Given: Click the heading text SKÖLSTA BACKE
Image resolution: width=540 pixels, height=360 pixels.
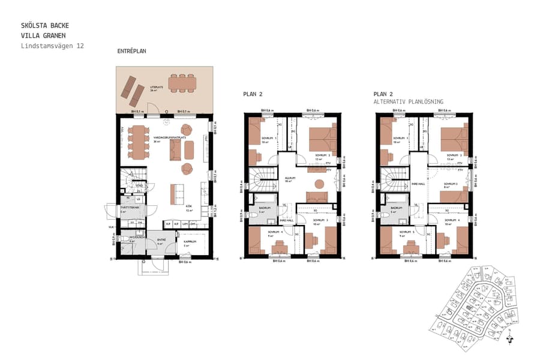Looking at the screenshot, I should (45, 26).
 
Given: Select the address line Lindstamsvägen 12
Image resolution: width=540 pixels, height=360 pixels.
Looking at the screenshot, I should (52, 46).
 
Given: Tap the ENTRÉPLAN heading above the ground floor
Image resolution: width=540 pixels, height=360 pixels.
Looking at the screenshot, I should (132, 52).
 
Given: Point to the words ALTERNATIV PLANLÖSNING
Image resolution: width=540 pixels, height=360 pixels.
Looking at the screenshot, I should (409, 102).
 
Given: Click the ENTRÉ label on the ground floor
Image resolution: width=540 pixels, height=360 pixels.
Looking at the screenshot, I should (161, 239).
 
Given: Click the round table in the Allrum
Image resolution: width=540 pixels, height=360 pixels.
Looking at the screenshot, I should (319, 183).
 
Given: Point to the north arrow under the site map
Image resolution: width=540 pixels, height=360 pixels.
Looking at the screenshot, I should (510, 338).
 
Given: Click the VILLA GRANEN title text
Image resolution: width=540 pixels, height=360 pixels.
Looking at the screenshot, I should (45, 35).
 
